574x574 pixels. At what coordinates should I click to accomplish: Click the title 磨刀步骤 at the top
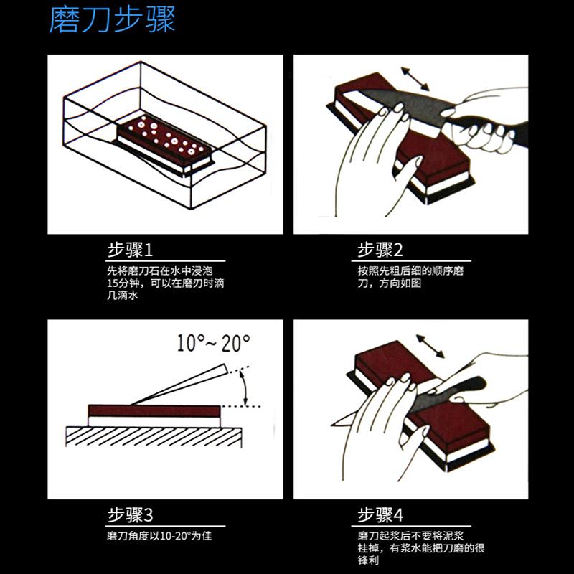112,21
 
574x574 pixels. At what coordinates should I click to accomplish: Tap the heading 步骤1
130,250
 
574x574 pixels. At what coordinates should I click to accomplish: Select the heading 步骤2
380,250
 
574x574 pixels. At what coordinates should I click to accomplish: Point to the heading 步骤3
130,515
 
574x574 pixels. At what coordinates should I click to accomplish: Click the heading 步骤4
380,515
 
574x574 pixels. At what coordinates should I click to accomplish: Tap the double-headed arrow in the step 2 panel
415,77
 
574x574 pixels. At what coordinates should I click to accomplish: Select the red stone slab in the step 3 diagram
154,411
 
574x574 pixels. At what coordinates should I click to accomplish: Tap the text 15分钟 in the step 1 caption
120,283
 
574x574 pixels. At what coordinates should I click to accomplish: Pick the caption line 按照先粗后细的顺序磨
408,272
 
